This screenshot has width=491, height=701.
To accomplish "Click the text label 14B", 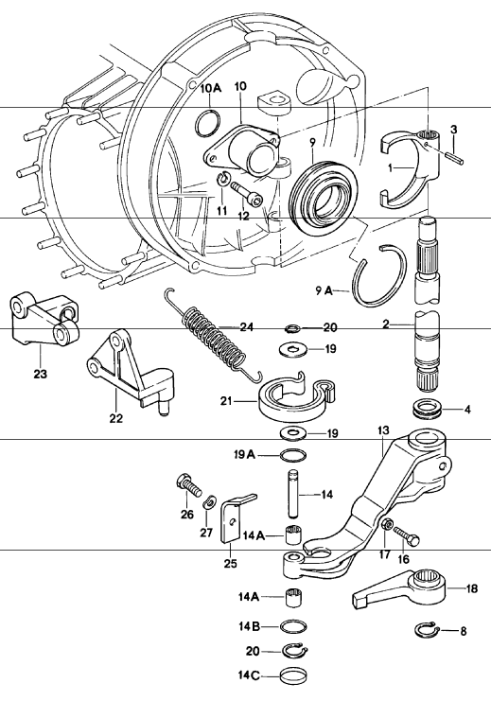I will click(250, 625).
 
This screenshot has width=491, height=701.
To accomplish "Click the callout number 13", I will click(383, 430).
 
